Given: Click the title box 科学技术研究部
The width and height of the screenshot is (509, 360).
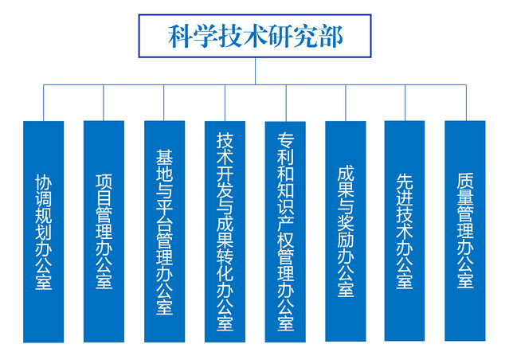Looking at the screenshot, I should point(255,36).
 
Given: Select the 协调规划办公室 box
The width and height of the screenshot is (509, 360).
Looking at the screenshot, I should point(43,231).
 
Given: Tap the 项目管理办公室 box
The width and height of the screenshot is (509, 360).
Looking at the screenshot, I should point(104,231).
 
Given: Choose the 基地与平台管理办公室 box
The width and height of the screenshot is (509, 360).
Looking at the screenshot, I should point(164,231).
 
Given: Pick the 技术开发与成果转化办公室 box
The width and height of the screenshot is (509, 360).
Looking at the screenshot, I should point(225,231).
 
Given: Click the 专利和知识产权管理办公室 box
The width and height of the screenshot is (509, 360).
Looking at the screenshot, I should point(285,231).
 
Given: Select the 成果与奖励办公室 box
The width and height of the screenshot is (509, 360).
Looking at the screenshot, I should point(346,231).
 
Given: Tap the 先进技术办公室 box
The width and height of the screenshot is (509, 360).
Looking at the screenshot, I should point(405,231).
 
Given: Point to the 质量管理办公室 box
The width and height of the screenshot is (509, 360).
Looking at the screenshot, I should point(465,231).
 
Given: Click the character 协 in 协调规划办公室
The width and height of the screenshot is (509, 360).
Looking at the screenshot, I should point(43,181).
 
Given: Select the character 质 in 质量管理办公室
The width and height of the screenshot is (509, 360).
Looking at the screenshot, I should point(465,181).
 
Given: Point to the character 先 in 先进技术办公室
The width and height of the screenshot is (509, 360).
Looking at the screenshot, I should point(405,181).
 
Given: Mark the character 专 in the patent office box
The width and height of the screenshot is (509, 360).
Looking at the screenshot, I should point(285,139).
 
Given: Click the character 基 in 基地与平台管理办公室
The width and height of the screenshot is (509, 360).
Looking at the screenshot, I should point(164,154).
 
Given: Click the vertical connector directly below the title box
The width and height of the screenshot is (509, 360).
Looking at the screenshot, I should point(255,70).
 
